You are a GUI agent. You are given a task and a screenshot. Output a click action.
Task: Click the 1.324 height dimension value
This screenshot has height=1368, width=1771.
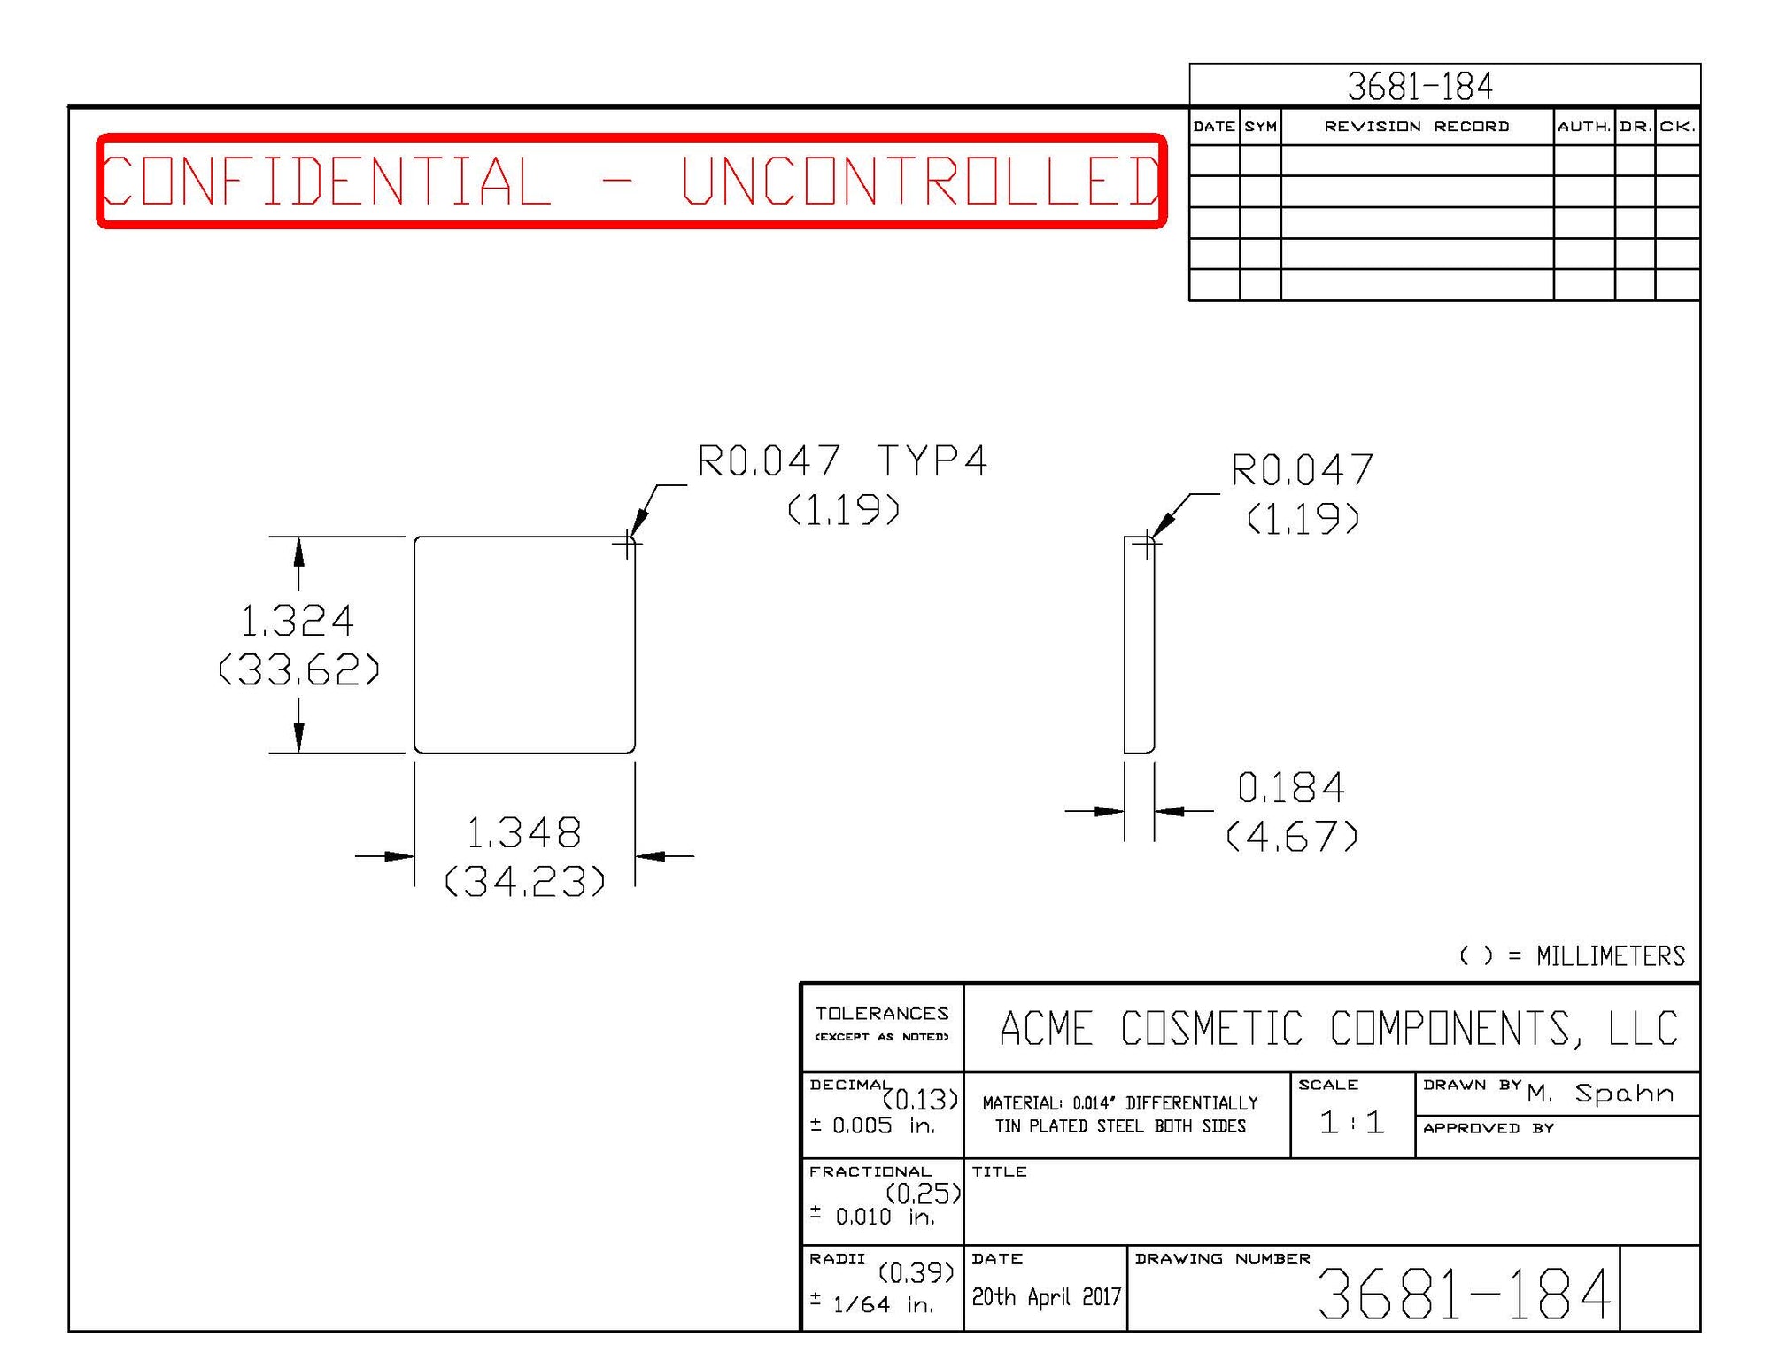tap(298, 621)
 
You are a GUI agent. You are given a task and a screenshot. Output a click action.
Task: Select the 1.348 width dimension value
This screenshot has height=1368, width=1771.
tap(523, 833)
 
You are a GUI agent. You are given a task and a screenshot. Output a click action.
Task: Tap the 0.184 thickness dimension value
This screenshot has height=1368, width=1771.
tap(1291, 787)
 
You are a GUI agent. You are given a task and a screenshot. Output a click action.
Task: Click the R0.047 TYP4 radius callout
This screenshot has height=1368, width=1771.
tap(841, 461)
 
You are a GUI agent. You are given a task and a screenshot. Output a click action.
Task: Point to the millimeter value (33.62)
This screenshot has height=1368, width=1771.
tap(299, 669)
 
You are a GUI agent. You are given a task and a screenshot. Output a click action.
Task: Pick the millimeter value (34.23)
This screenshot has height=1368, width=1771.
tap(525, 881)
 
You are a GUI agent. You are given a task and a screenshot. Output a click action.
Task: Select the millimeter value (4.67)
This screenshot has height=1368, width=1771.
tap(1292, 836)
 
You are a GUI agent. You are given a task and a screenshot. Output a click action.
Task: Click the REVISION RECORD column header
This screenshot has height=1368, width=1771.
tap(1417, 127)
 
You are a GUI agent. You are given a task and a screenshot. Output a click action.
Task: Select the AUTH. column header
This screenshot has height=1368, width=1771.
tap(1584, 127)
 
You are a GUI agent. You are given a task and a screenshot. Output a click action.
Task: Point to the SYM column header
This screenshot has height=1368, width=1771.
tap(1260, 127)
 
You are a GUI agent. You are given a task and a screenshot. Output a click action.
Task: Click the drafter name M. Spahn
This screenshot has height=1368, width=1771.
tap(1601, 1094)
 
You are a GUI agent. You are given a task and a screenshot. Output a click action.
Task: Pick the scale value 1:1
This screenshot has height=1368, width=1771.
tap(1351, 1123)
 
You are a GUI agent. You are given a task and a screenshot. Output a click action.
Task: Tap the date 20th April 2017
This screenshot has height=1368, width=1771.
tap(1046, 1297)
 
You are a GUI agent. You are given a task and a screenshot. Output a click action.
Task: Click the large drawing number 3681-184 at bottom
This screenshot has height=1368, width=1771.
tap(1464, 1295)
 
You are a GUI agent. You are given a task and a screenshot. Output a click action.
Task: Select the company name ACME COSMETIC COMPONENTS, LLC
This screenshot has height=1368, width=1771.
tap(1338, 1029)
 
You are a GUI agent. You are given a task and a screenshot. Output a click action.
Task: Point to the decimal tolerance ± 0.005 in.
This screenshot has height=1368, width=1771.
tap(872, 1125)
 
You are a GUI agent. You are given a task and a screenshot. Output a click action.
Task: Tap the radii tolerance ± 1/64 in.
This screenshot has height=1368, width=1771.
tap(872, 1304)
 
